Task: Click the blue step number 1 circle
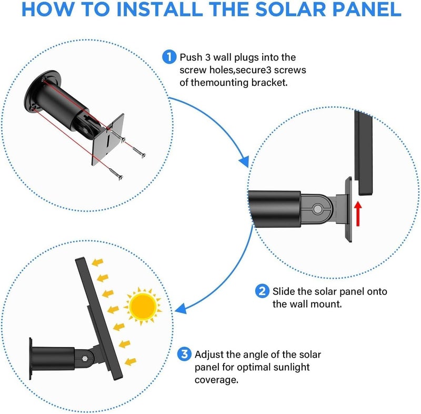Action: click(x=169, y=57)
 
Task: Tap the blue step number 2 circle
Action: click(x=262, y=291)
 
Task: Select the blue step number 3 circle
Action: click(x=184, y=354)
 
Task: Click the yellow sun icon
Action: click(x=143, y=306)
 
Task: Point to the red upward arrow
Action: click(x=358, y=214)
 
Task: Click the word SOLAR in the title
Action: click(x=291, y=9)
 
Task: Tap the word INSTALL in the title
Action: click(x=159, y=9)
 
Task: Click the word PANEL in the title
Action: click(x=367, y=9)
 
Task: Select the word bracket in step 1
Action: click(x=269, y=83)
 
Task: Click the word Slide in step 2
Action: click(x=284, y=291)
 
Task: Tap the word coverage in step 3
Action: click(x=216, y=380)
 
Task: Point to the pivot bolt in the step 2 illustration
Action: click(x=318, y=209)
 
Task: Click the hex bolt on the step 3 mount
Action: click(x=85, y=358)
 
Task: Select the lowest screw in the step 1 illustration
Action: click(x=116, y=174)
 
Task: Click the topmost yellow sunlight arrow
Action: click(x=97, y=262)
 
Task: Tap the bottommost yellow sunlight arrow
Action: click(x=131, y=362)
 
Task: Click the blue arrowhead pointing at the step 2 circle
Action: click(x=244, y=162)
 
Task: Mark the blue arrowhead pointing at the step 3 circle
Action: click(x=181, y=309)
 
